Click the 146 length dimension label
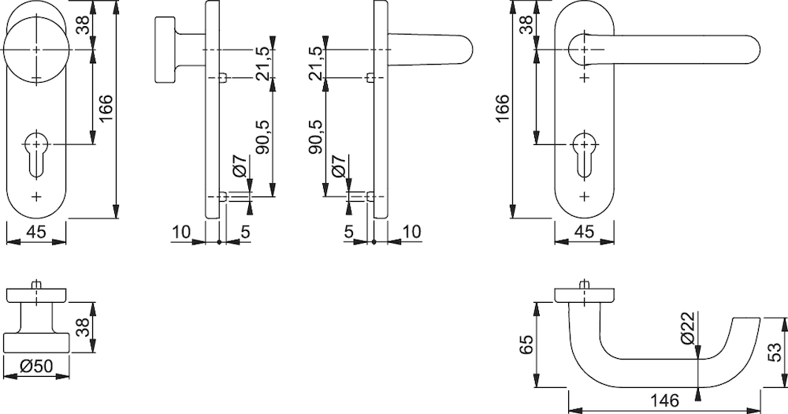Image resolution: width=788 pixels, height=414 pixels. point(664,400)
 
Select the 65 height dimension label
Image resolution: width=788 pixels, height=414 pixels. point(526,345)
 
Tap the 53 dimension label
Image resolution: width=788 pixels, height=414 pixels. point(775,352)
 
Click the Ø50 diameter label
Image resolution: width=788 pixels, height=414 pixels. point(36,366)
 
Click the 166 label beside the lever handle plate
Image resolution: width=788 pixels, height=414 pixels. point(502,108)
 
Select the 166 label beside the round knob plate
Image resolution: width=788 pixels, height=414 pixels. point(106,108)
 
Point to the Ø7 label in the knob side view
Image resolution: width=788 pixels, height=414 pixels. point(240,165)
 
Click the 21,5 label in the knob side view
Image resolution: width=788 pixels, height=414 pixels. point(262,64)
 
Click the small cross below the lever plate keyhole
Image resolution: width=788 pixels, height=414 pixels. point(584,196)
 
